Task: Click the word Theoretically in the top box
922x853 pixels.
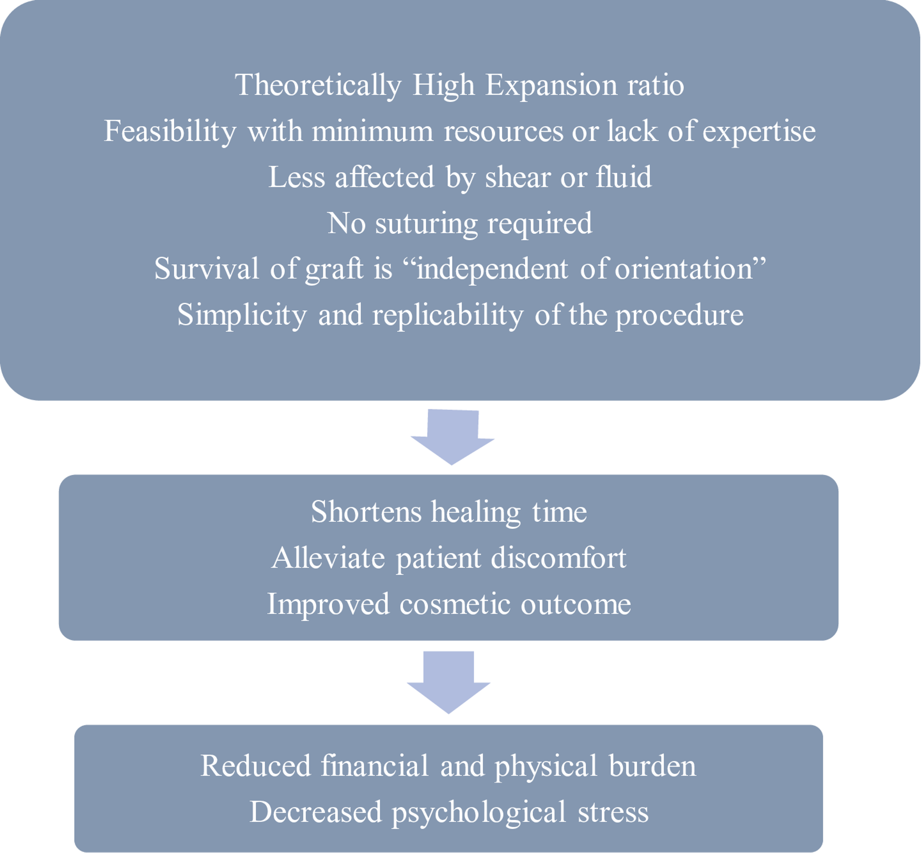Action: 318,86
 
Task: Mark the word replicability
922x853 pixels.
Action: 447,315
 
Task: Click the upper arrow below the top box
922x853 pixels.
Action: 452,436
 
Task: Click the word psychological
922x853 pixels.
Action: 478,812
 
